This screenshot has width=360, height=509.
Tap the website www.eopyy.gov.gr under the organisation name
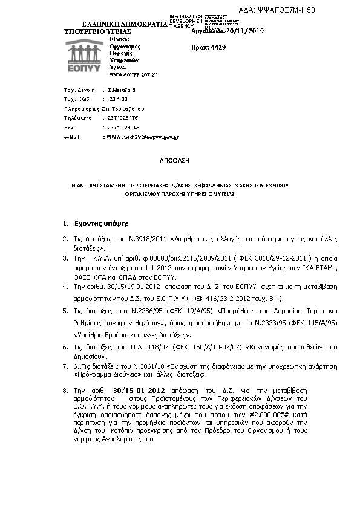pos(133,74)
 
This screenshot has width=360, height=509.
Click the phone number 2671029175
pos(124,118)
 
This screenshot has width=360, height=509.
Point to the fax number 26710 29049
pos(124,128)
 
